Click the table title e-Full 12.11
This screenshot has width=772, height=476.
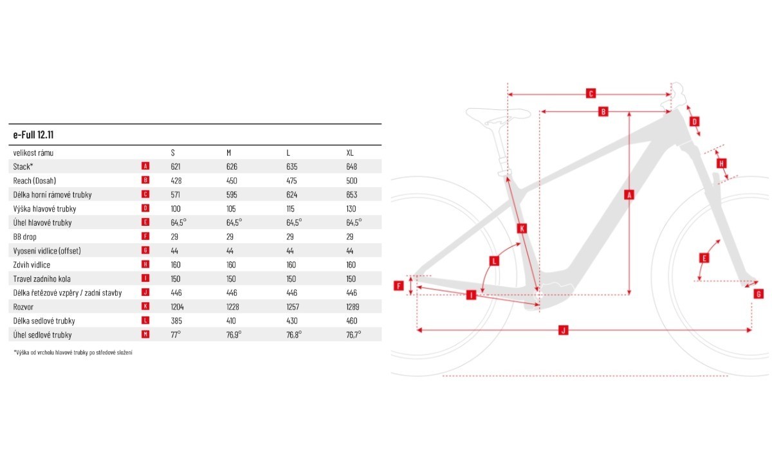33,134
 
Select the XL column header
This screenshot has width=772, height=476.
350,152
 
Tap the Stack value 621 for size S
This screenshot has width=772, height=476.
176,167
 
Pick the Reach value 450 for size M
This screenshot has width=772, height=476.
232,181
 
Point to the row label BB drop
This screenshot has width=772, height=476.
24,237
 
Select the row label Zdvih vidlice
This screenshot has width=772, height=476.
32,265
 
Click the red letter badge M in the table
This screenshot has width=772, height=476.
145,334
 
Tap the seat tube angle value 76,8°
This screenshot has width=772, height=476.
294,334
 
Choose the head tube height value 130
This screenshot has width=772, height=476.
351,209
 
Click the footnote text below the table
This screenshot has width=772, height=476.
73,352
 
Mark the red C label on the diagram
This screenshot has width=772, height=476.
591,93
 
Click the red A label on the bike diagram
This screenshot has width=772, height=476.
629,195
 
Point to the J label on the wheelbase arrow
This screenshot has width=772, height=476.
563,330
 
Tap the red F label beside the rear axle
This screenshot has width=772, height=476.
399,286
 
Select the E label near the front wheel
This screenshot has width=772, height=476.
704,258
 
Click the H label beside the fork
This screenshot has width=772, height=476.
721,163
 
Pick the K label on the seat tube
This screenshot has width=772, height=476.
522,228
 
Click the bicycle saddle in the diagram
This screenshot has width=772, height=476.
498,114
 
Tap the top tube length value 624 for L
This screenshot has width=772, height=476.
291,195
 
